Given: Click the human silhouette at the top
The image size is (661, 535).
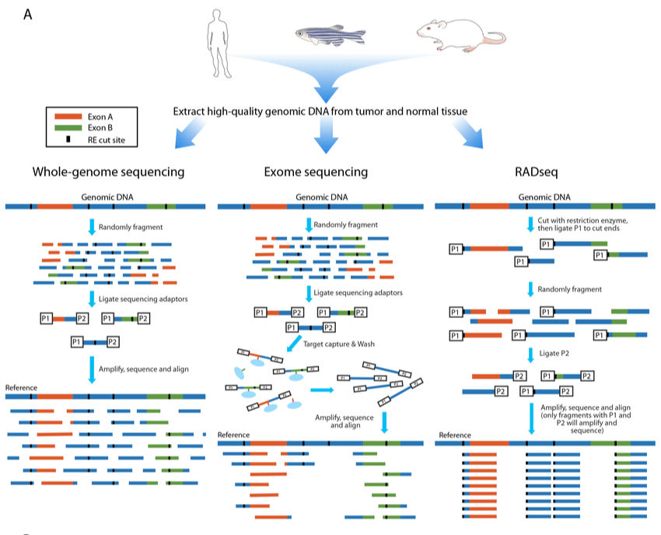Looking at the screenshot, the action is (219, 44).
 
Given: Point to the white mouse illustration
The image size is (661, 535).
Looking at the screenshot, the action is (461, 35).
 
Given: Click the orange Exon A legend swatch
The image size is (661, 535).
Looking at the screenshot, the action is (68, 117).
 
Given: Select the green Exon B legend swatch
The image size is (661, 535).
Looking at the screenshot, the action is (68, 128).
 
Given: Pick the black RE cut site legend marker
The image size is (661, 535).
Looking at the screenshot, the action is (68, 139).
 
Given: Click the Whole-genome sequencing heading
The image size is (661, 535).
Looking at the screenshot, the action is (108, 172).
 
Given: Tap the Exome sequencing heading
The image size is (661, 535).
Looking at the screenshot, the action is (316, 172).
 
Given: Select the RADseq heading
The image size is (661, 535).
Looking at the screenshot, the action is (537, 172).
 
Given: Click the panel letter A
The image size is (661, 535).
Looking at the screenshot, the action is (28, 14).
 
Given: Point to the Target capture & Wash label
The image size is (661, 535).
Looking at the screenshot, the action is (338, 344).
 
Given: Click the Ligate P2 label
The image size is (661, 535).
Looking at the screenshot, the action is (554, 353).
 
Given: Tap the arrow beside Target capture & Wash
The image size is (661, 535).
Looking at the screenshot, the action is (294, 343).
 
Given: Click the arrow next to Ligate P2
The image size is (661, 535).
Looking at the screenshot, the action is (530, 355).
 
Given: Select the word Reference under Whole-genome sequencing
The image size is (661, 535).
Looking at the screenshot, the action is (21, 387).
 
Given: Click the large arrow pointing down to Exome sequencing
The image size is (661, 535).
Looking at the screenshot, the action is (326, 135).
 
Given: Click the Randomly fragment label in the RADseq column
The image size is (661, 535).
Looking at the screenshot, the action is (569, 289).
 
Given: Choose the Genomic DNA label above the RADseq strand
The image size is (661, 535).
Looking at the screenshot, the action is (544, 197).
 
